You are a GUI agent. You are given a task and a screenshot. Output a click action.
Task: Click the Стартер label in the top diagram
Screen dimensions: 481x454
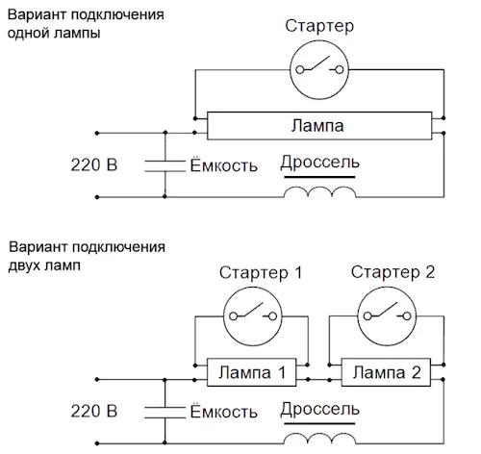click(319, 26)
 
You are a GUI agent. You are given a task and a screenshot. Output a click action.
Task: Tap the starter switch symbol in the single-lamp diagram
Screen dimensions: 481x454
click(319, 69)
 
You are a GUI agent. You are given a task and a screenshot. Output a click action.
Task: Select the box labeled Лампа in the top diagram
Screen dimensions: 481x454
click(319, 126)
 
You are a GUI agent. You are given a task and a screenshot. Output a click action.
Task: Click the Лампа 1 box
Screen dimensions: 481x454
click(251, 372)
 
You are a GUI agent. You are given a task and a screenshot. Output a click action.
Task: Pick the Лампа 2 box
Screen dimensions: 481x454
click(386, 372)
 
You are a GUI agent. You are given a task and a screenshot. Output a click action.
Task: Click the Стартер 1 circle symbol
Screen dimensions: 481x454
click(253, 316)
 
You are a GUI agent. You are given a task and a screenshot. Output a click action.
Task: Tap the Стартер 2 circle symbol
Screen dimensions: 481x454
click(387, 316)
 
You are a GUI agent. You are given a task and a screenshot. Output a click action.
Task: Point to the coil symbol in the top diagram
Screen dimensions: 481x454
click(319, 191)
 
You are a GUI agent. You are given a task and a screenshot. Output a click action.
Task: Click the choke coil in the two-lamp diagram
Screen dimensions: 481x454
click(319, 439)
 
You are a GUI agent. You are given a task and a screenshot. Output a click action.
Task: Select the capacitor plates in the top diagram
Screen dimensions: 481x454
click(165, 165)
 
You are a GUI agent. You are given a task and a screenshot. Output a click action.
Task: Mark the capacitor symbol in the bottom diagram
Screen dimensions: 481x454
click(165, 413)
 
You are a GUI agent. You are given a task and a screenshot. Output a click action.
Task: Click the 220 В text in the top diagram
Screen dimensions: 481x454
click(94, 165)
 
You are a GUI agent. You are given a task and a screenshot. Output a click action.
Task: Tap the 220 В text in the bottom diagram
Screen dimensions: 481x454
click(94, 412)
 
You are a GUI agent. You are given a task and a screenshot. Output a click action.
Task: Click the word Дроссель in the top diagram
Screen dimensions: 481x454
click(319, 163)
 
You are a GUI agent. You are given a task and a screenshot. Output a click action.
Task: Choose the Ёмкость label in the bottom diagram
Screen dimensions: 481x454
click(223, 411)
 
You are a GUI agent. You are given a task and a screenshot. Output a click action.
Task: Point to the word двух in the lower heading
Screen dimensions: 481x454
click(24, 266)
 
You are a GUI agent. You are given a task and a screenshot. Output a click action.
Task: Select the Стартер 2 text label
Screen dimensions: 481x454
click(392, 272)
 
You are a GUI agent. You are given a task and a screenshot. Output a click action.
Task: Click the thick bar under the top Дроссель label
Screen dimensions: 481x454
click(319, 177)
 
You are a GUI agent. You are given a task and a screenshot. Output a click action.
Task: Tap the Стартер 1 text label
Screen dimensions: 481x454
click(261, 273)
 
